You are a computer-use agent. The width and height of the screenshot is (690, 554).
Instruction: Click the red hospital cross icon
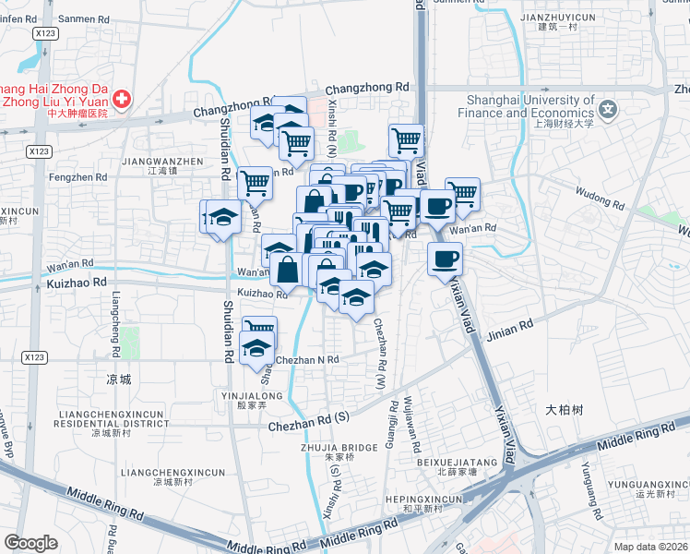click(121, 98)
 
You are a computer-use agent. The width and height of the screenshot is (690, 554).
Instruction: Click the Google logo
click(30, 543)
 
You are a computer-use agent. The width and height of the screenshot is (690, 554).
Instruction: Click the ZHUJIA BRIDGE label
click(340, 448)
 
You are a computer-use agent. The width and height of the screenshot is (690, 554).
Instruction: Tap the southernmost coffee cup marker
click(445, 259)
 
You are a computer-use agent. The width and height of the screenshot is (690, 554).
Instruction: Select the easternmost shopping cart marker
click(462, 194)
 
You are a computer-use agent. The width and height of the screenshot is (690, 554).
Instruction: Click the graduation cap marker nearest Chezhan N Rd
click(257, 348)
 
